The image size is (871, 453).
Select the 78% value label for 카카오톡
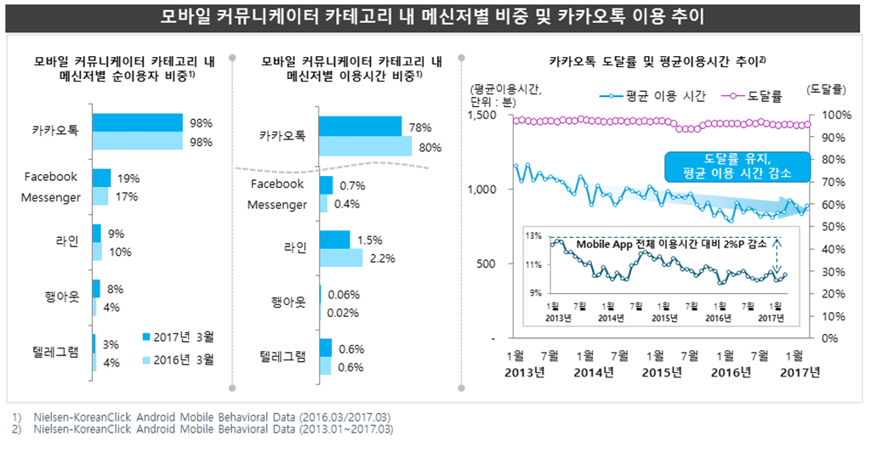point(421,127)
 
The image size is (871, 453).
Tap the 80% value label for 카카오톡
point(430,147)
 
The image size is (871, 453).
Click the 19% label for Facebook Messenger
point(128,178)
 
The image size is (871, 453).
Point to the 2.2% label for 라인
point(382,259)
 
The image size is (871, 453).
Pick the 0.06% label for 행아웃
point(343,295)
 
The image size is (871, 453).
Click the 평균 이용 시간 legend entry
point(655,95)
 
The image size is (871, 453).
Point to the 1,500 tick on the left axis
point(481,115)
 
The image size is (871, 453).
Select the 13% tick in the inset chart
point(535,235)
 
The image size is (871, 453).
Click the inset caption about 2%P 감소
point(671,244)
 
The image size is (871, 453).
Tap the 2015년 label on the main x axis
point(663,371)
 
